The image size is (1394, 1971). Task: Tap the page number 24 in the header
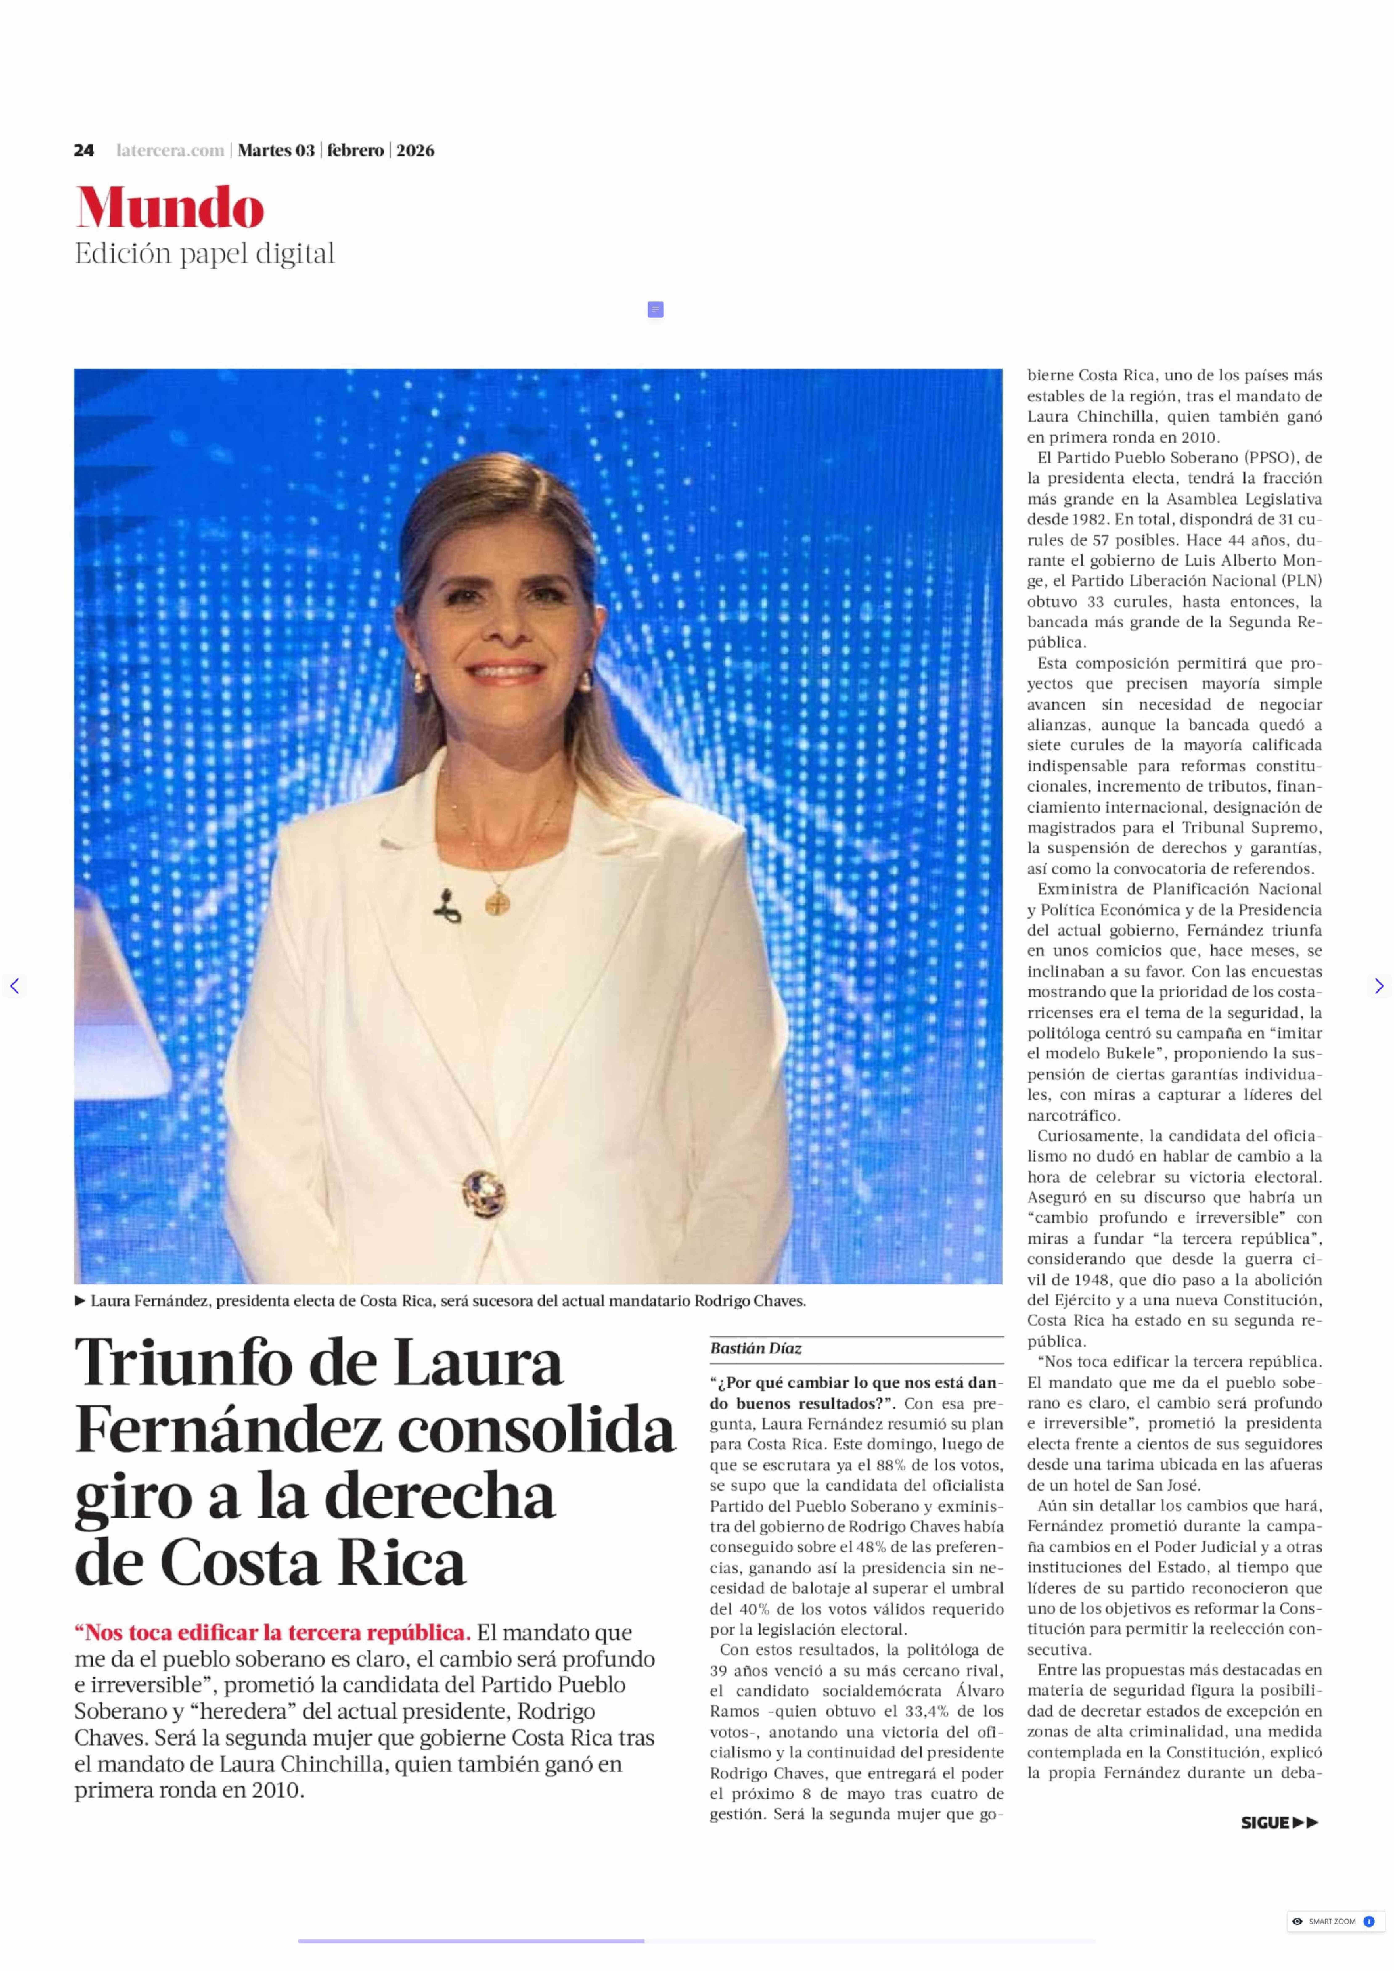(83, 150)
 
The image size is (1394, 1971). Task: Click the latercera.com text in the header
(170, 150)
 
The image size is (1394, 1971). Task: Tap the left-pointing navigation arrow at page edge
(14, 986)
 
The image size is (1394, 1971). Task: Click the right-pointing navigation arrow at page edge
(1379, 986)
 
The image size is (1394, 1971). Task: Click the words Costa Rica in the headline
(313, 1562)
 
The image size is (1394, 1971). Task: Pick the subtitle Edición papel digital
(204, 254)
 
